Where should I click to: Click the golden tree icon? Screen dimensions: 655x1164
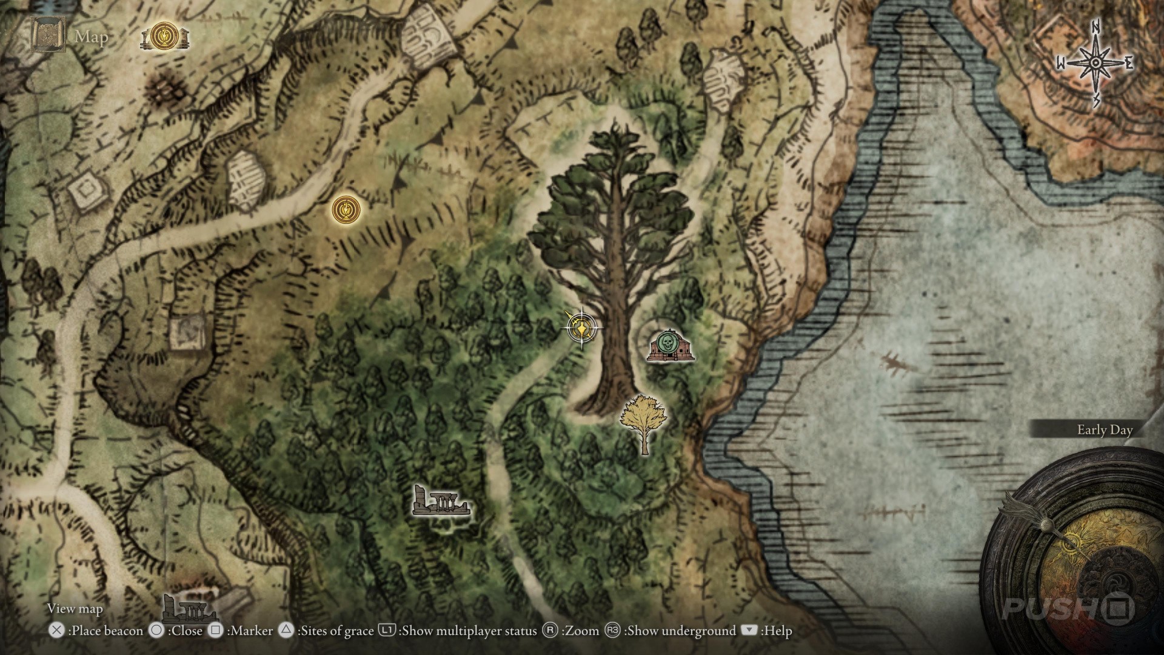click(x=643, y=418)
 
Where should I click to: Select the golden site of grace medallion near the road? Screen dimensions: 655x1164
click(x=346, y=210)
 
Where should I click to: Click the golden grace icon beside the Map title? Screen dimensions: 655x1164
click(x=164, y=37)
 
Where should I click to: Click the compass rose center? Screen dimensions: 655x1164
click(x=1095, y=63)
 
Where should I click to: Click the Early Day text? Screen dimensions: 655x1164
click(x=1105, y=430)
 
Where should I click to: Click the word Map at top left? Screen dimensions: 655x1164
click(x=92, y=37)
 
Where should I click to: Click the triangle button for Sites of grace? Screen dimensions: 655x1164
click(x=286, y=630)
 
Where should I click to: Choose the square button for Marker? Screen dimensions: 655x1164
click(x=216, y=630)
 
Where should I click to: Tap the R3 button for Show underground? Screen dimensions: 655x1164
click(x=612, y=630)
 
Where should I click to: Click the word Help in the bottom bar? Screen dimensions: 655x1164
click(x=777, y=631)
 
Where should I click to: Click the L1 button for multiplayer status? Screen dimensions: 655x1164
click(x=387, y=630)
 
